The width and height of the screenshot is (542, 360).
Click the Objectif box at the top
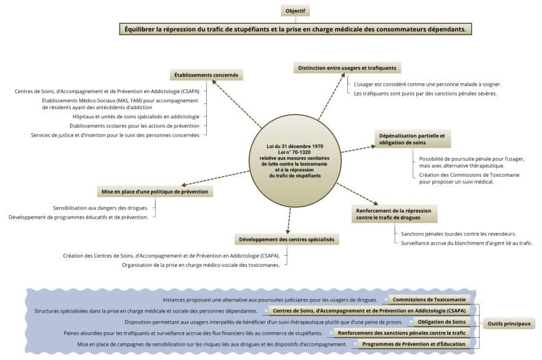pyautogui.click(x=295, y=10)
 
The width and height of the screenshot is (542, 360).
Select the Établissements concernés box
pyautogui.click(x=206, y=75)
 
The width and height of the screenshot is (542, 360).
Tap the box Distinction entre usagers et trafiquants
pyautogui.click(x=347, y=68)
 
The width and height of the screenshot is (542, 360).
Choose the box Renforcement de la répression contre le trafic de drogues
pyautogui.click(x=394, y=214)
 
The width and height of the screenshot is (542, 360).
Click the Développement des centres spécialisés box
pyautogui.click(x=287, y=239)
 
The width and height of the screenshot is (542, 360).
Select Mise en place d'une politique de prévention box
pyautogui.click(x=155, y=192)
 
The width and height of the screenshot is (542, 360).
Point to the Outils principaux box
pyautogui.click(x=508, y=322)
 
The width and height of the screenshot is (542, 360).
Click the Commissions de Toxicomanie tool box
pyautogui.click(x=433, y=300)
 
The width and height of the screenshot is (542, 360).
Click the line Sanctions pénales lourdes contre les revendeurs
pyautogui.click(x=458, y=234)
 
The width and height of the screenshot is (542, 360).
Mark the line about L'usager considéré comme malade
pyautogui.click(x=427, y=84)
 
